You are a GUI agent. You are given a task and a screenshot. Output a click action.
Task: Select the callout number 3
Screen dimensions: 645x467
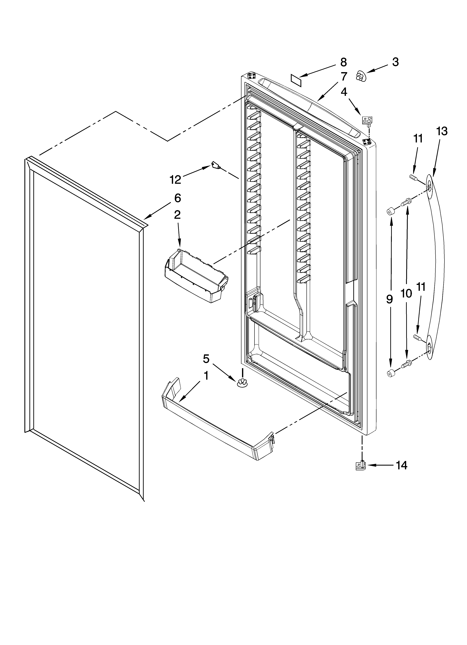click(395, 62)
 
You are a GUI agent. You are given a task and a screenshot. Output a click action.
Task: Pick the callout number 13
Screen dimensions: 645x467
click(442, 131)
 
